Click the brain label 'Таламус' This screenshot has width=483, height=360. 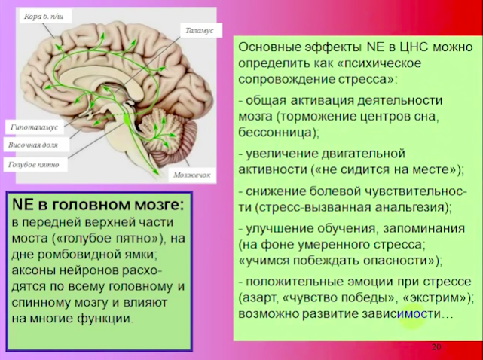click(x=199, y=31)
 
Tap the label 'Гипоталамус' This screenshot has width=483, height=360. click(x=34, y=127)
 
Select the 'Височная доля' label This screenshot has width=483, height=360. click(x=33, y=145)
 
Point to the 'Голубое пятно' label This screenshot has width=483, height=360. click(x=34, y=164)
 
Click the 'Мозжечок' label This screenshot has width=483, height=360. click(x=192, y=175)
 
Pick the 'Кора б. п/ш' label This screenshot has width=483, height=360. click(x=44, y=17)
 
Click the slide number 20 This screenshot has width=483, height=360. click(x=436, y=347)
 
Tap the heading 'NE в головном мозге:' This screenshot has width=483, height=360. click(x=97, y=205)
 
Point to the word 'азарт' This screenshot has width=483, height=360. click(x=261, y=298)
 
